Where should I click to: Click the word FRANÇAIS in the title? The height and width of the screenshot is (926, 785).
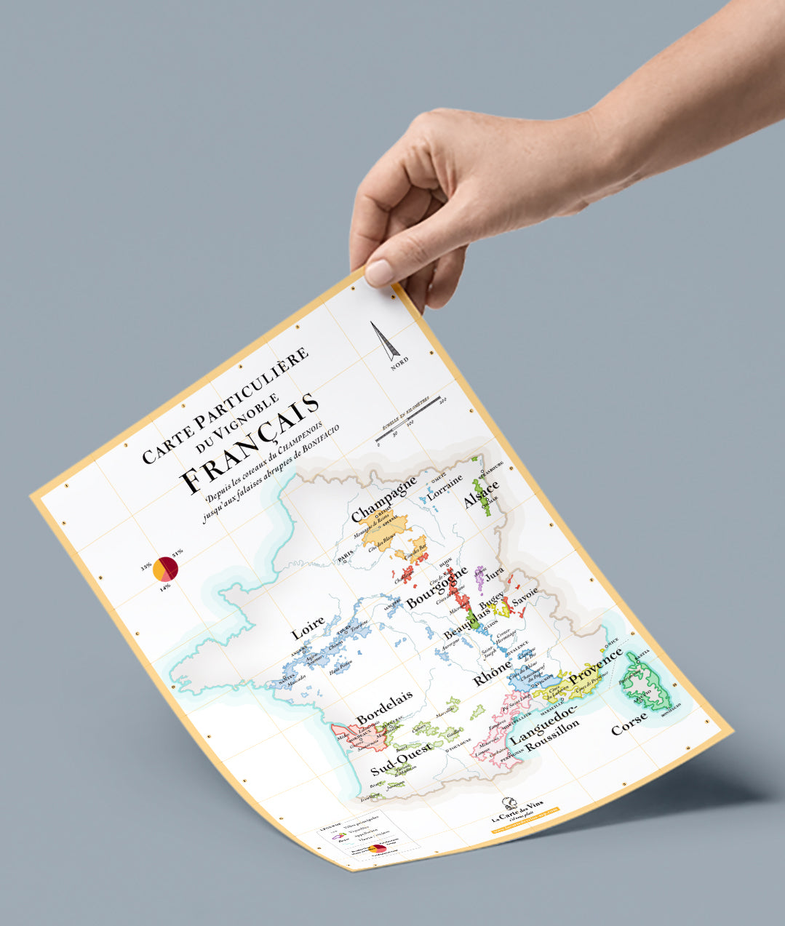pyautogui.click(x=250, y=444)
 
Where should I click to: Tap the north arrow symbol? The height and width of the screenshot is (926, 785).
pyautogui.click(x=385, y=341)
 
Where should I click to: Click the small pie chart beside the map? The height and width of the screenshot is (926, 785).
pyautogui.click(x=165, y=568)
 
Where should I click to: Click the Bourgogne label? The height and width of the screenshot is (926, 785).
pyautogui.click(x=437, y=589)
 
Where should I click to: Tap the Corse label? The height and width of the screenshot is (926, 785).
pyautogui.click(x=629, y=724)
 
